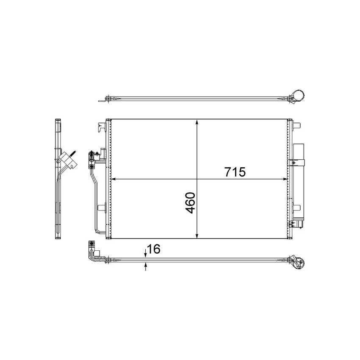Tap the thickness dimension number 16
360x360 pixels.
(154, 249)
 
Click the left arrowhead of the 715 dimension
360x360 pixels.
(113, 179)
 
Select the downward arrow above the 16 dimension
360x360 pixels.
(146, 254)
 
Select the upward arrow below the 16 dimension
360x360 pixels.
(146, 266)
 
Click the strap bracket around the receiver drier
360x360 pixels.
(298, 161)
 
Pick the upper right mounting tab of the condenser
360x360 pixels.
(297, 125)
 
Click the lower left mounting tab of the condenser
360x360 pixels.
(101, 208)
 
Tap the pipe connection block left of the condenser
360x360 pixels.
(91, 158)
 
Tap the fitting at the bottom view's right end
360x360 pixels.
(296, 262)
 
